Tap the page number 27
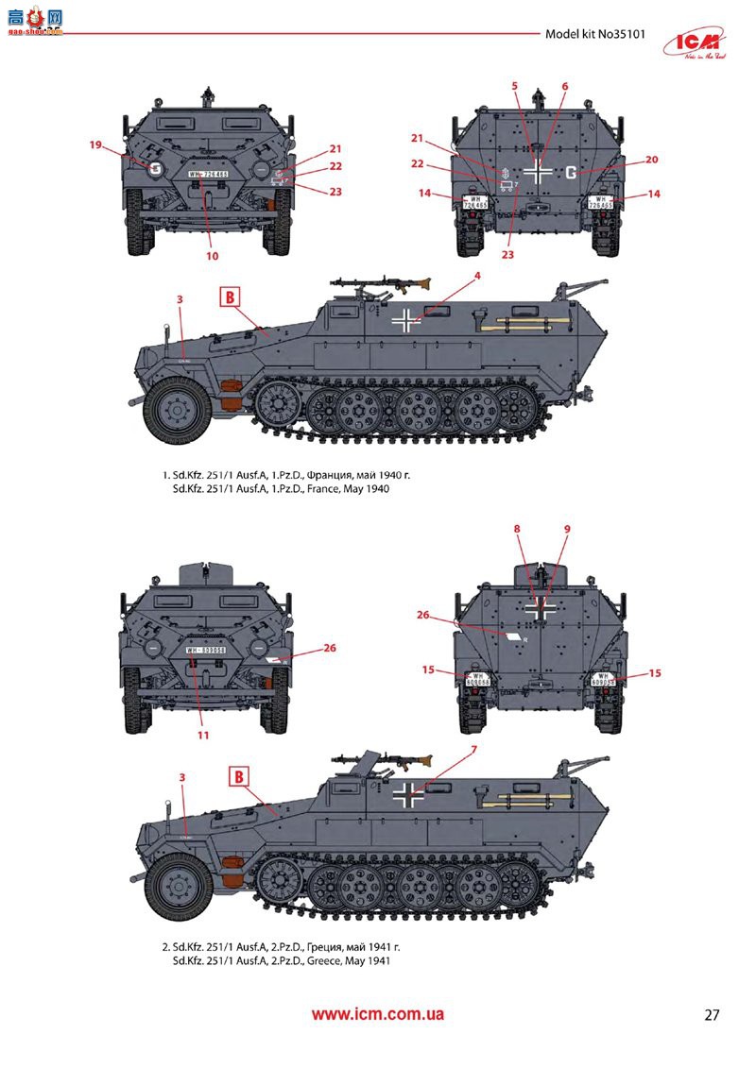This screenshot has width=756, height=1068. point(713,1016)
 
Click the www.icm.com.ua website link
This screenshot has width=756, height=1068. point(378,1015)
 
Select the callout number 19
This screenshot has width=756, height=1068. point(94,144)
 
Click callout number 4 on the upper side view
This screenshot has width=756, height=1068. point(478,276)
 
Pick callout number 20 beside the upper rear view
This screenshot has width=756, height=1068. point(651,160)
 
